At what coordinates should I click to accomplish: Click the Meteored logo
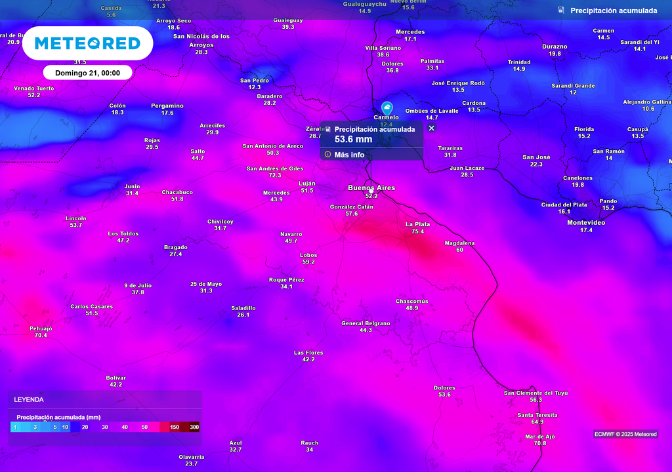coord(87,43)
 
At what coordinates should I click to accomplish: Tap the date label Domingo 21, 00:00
coord(87,73)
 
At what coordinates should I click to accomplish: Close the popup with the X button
coord(431,128)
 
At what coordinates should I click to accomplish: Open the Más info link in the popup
coord(348,155)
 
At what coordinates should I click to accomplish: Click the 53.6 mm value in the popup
coord(353,139)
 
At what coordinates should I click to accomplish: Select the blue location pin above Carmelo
coord(387,108)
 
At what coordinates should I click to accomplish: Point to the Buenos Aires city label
coord(371,188)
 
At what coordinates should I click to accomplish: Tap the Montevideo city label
coord(586,223)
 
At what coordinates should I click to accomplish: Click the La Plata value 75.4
coord(418,231)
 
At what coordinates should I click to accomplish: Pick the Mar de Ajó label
coord(540,437)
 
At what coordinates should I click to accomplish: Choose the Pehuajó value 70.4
coord(41,335)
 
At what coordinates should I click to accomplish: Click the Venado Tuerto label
coord(34,88)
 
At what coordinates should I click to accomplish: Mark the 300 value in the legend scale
coord(194,427)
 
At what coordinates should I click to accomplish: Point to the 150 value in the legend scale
coord(175,427)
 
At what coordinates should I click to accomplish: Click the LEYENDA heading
coord(29,399)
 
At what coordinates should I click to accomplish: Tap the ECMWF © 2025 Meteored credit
coord(625,434)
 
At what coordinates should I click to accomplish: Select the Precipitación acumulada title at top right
coord(614,10)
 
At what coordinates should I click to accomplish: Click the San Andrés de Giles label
coord(274,168)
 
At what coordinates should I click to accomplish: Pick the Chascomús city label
coord(411,302)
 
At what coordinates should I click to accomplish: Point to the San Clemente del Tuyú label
coord(535,393)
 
